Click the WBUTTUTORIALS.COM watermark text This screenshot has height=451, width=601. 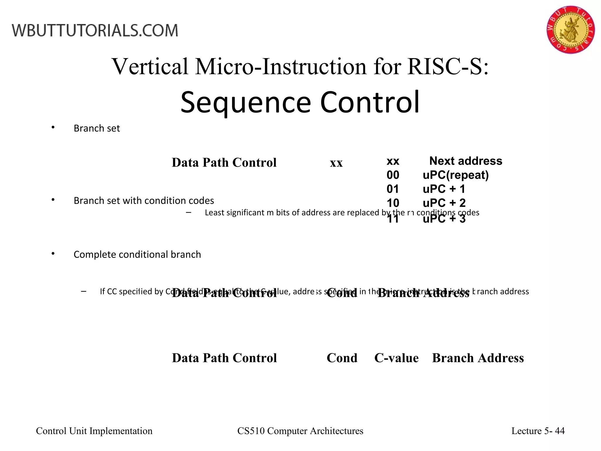95,31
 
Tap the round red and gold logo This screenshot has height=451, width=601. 570,29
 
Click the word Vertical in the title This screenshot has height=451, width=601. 150,67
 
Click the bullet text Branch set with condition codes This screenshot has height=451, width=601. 144,201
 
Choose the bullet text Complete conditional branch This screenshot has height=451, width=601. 137,254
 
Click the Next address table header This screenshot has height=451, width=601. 465,161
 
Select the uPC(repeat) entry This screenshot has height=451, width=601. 455,175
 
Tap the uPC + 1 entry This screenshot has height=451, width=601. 444,189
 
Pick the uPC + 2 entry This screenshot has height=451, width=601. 444,203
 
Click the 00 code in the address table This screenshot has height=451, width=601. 393,175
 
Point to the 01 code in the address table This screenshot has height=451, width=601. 393,189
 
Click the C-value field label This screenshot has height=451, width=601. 396,358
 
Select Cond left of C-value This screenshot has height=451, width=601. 342,358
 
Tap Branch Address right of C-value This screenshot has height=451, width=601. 478,358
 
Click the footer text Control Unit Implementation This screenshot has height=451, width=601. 94,431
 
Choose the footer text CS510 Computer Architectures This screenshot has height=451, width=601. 300,431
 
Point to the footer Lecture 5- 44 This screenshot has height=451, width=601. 538,431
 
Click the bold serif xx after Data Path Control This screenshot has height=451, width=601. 336,163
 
